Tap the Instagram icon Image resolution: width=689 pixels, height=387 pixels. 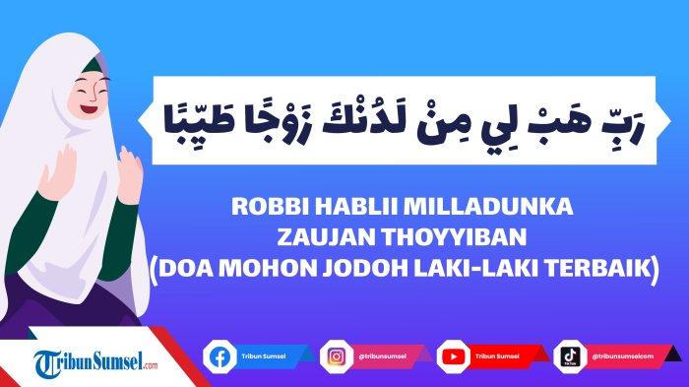coord(334,355)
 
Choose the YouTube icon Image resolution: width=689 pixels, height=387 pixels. coord(451,355)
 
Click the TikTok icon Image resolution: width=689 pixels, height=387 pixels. coord(569,355)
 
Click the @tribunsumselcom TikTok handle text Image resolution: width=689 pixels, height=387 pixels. coord(624,355)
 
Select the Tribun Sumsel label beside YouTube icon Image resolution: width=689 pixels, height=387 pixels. coord(498,355)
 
